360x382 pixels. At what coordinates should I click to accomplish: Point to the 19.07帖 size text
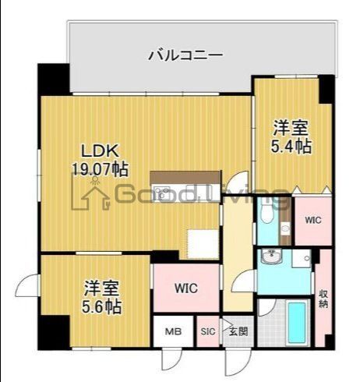click(x=99, y=168)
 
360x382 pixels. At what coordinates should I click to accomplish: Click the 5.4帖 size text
click(x=292, y=145)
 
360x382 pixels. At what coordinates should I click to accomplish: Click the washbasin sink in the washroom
click(x=273, y=259)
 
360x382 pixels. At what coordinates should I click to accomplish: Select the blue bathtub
click(x=297, y=324)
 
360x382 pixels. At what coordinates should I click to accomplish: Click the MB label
click(x=172, y=331)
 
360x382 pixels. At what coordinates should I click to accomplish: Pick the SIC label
click(x=208, y=331)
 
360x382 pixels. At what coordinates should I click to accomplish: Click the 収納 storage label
click(x=323, y=298)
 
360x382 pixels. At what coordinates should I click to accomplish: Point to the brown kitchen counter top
click(x=179, y=176)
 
